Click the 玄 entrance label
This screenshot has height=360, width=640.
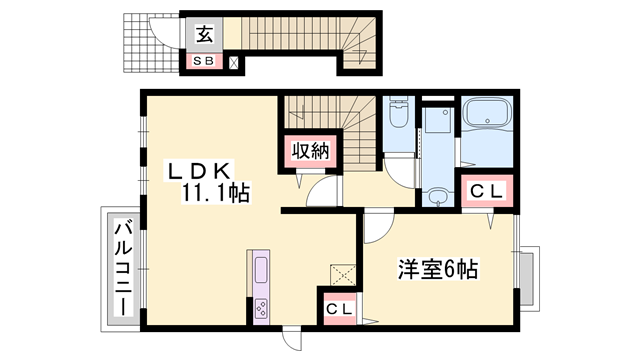[x=203, y=35]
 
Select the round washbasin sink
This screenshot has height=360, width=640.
[x=436, y=198]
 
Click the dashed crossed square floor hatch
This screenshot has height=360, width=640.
[x=342, y=273]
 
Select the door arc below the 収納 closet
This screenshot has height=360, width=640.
[x=319, y=192]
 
